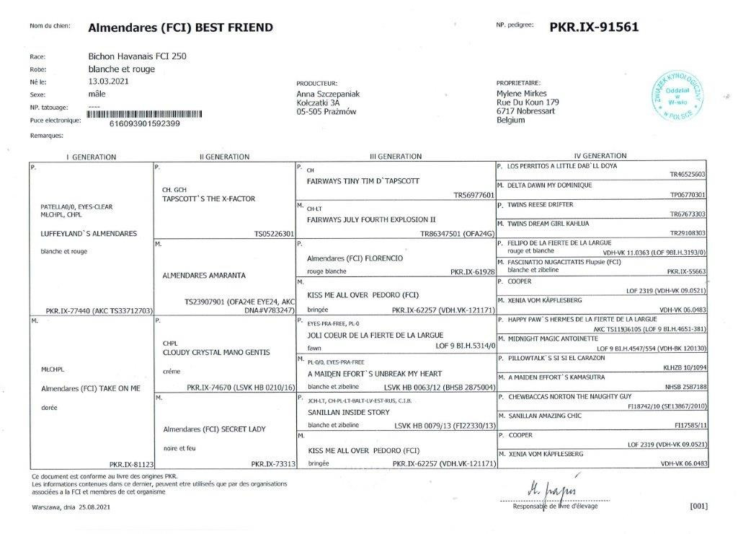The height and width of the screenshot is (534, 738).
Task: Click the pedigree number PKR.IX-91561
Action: point(594,27)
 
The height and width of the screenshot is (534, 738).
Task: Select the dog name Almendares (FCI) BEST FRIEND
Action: point(180,28)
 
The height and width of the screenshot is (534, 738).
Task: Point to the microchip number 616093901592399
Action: point(144,123)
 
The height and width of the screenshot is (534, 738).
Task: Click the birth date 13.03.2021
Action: point(107,82)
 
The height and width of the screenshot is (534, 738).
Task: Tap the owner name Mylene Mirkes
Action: point(522,93)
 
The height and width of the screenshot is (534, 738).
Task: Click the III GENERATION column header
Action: point(396,157)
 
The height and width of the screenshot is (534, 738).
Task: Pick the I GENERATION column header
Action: point(91,157)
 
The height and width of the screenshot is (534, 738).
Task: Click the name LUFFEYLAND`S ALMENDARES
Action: point(89,234)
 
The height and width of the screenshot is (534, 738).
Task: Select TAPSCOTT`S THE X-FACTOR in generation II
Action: point(209,198)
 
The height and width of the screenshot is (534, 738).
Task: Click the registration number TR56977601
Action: point(474,195)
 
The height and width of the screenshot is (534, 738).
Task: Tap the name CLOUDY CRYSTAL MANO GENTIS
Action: point(216,352)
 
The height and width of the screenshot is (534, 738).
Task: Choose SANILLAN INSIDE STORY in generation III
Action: point(348,412)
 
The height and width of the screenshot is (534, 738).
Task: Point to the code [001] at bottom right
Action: point(698,506)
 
